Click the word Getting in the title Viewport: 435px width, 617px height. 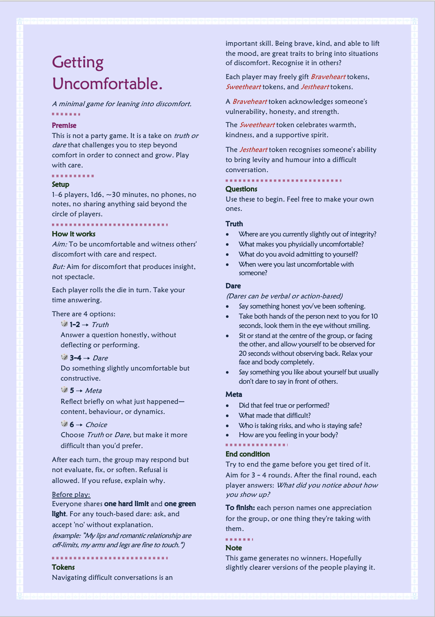[78, 62]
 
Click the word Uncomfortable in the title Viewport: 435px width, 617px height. [107, 84]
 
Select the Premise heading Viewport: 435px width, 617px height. [64, 126]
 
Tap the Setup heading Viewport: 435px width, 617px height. [60, 184]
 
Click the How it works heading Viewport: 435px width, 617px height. [73, 234]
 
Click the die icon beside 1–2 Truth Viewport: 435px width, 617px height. [64, 324]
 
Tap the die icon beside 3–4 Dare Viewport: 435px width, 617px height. [64, 357]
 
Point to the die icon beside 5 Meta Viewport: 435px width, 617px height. [64, 390]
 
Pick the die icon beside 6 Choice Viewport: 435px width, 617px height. [64, 424]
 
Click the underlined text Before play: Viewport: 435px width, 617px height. [71, 495]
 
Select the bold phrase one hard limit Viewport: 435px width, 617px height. [126, 504]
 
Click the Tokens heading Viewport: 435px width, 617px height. [63, 567]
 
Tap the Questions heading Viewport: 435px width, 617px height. [241, 189]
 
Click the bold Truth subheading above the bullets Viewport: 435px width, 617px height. [234, 224]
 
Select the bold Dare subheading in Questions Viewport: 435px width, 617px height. [233, 286]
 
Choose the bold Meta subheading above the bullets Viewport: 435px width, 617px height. [234, 395]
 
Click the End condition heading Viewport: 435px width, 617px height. [247, 454]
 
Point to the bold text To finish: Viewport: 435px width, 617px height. [240, 508]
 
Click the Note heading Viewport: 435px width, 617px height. [233, 548]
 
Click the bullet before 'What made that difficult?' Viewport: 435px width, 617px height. [228, 415]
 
